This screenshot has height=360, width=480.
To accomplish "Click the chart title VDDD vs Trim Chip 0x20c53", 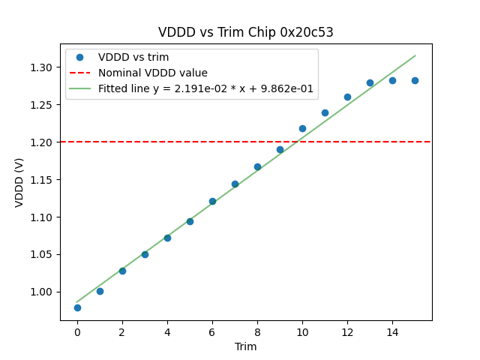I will point(245,32).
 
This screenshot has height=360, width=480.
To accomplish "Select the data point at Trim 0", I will point(77,307).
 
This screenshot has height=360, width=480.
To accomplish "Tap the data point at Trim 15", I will point(415,80).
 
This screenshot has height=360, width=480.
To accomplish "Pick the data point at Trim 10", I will point(302,128).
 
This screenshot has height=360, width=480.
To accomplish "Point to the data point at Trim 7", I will point(235,184).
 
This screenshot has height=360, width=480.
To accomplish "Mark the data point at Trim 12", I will point(347,97).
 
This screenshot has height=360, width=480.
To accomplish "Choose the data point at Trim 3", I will point(145,254).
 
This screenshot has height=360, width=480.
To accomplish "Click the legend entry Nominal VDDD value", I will point(152,73).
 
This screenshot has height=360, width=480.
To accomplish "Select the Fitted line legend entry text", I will point(205,88).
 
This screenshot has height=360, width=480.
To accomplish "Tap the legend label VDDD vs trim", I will point(133,58).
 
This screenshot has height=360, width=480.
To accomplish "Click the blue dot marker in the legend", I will point(79,58).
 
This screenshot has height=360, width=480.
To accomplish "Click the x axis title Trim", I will point(245,346).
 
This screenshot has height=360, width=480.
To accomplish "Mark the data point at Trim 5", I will point(190,221).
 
